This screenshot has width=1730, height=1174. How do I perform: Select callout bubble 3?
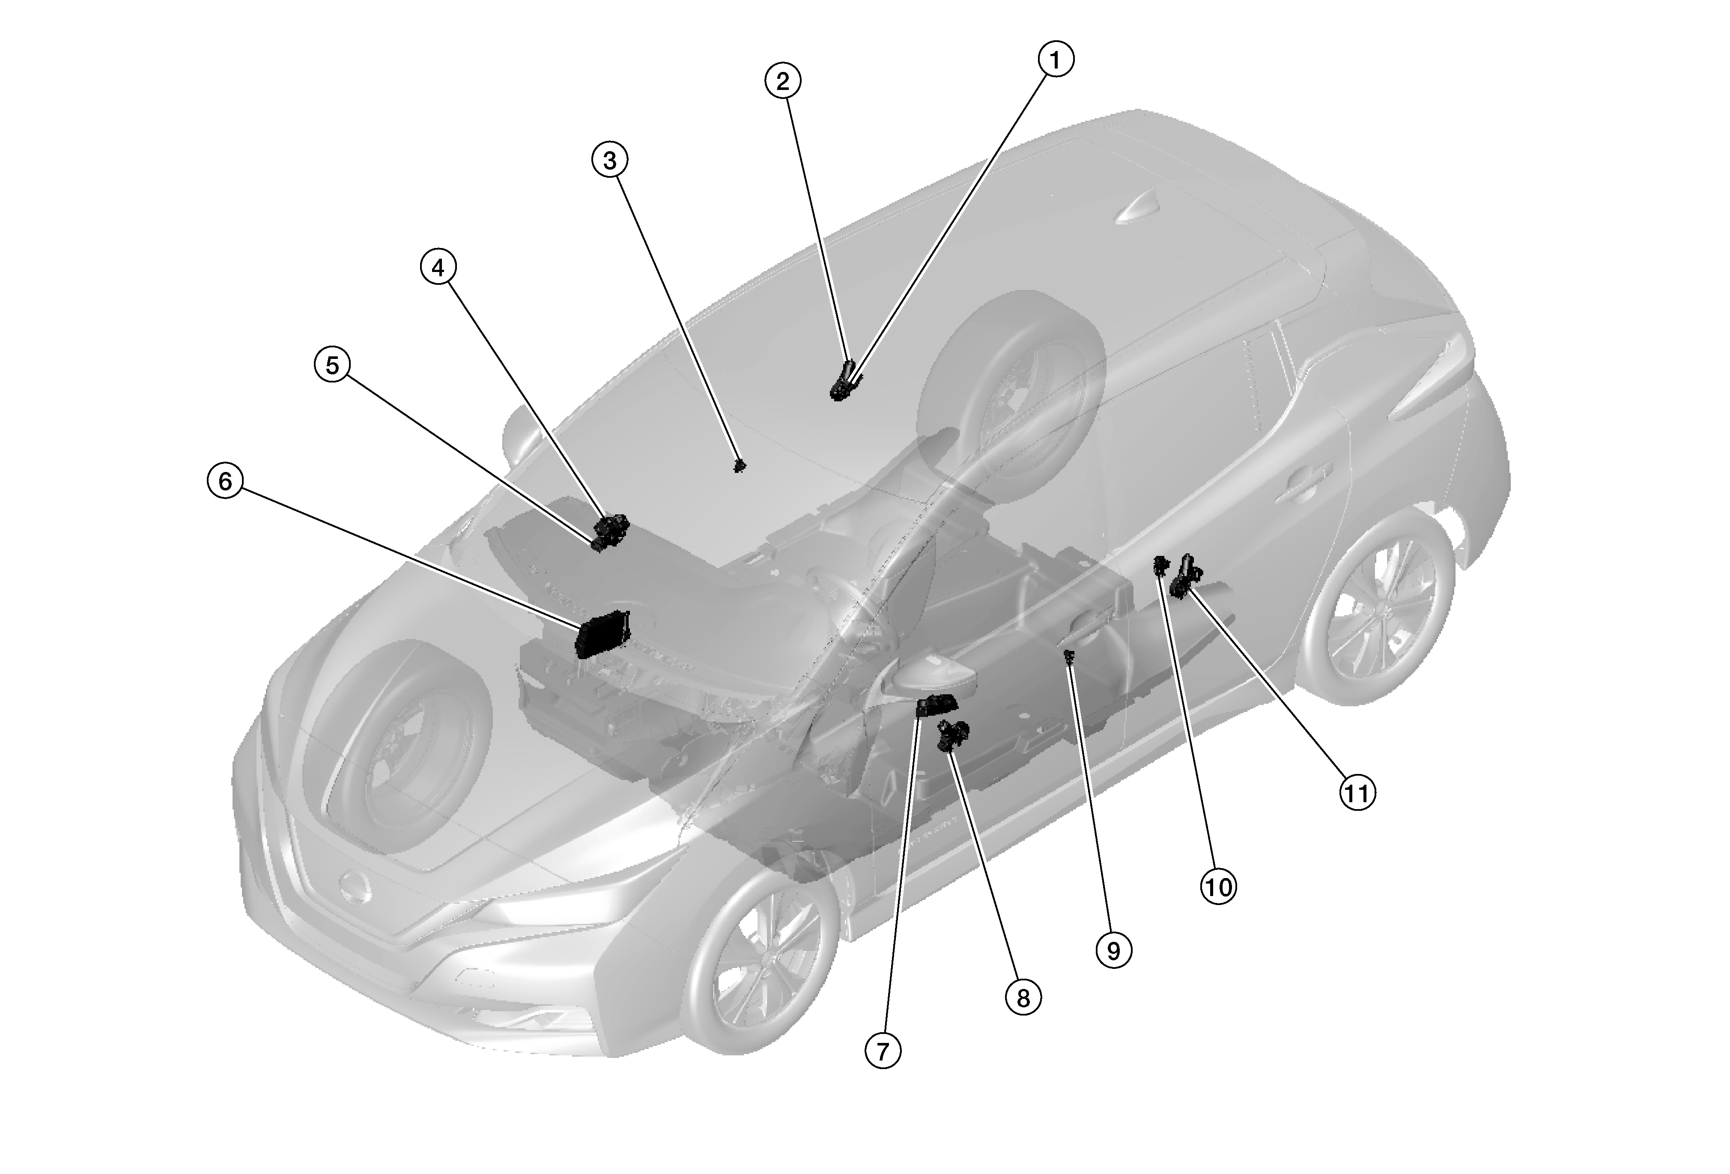coord(610,160)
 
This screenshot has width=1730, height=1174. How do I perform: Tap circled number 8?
coord(1023,998)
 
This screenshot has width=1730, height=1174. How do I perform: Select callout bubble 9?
coord(1114,951)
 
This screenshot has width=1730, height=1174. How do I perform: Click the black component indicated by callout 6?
coord(605,633)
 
